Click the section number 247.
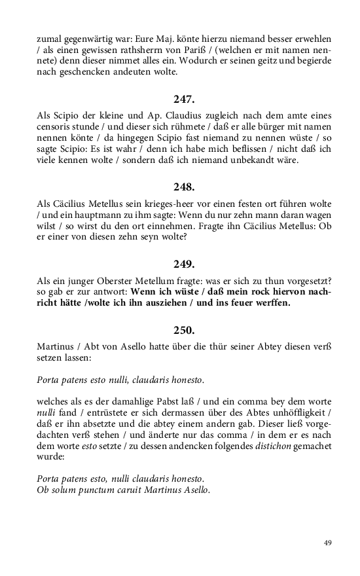pyautogui.click(x=184, y=99)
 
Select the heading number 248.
pyautogui.click(x=184, y=187)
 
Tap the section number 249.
pyautogui.click(x=184, y=264)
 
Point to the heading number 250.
pyautogui.click(x=184, y=330)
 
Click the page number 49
pyautogui.click(x=328, y=543)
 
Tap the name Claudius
pyautogui.click(x=173, y=115)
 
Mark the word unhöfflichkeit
pyautogui.click(x=294, y=412)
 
